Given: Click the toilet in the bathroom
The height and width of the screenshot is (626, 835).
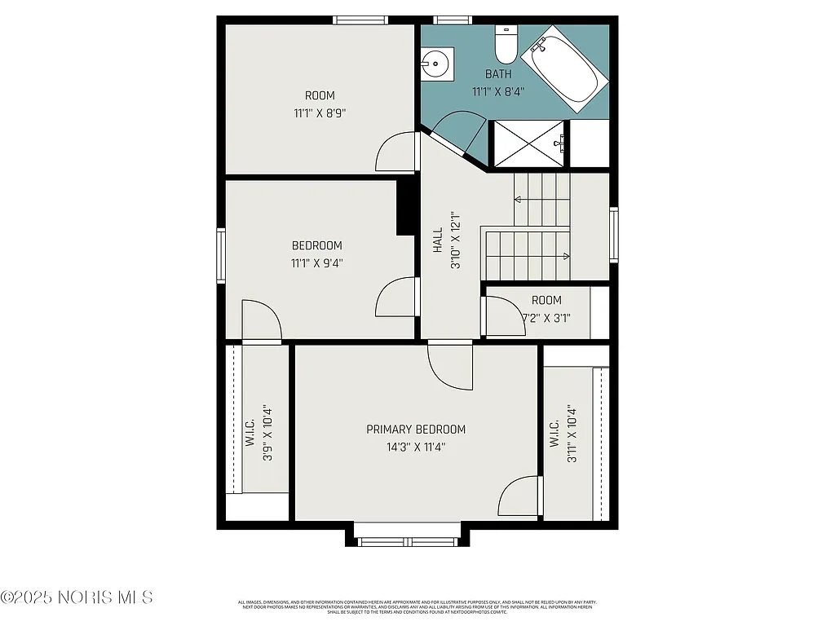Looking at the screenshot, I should tap(506, 47).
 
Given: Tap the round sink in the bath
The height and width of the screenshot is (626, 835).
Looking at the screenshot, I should tap(436, 62).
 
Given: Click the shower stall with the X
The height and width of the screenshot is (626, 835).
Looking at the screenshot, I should tap(529, 143).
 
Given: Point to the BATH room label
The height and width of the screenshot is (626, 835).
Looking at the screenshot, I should tap(498, 74).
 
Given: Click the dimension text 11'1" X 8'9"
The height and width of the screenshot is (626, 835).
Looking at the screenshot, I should tap(320, 113).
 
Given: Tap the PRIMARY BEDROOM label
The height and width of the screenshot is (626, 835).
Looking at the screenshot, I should tap(415, 430).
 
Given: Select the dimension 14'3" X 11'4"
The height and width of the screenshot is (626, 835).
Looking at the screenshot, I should tap(415, 447).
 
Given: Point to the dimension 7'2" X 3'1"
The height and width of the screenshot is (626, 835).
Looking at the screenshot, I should tap(546, 318).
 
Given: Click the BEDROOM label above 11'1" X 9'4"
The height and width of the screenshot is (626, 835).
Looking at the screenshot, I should tap(316, 245).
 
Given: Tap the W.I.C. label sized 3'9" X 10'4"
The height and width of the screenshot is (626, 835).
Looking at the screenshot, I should tap(250, 432).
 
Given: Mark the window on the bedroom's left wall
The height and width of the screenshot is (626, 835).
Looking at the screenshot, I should tap(220, 255).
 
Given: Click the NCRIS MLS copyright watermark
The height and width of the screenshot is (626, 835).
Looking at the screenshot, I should tap(77, 597).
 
